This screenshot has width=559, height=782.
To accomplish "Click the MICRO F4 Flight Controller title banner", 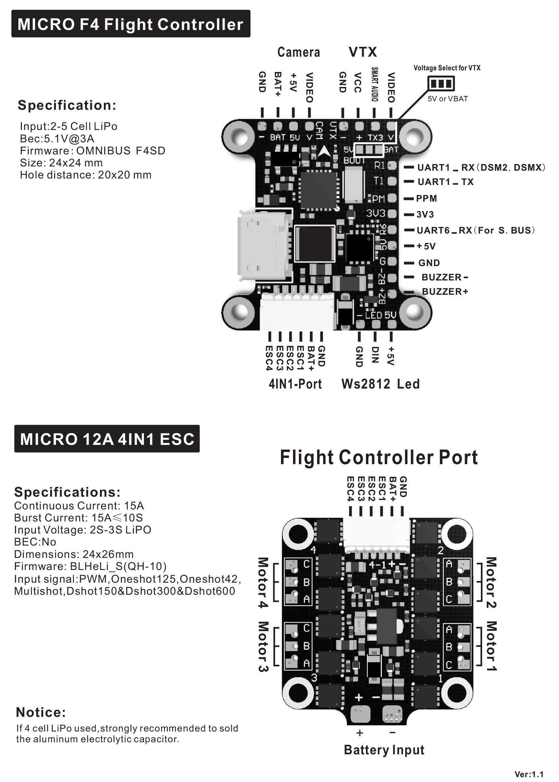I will pyautogui.click(x=131, y=24).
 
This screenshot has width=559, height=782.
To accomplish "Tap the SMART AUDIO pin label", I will pyautogui.click(x=374, y=84).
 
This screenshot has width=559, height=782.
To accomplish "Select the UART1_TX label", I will pyautogui.click(x=445, y=182).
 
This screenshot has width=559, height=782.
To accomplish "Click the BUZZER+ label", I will pyautogui.click(x=445, y=291).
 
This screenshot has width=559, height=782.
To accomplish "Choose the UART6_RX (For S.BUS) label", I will pyautogui.click(x=475, y=230).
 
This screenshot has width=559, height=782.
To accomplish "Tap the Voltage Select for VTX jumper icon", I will pyautogui.click(x=441, y=83).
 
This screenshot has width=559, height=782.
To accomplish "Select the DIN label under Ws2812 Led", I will pyautogui.click(x=375, y=355).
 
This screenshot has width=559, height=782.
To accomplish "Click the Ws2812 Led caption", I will pyautogui.click(x=380, y=384).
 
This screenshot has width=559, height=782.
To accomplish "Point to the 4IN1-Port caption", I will pyautogui.click(x=295, y=384).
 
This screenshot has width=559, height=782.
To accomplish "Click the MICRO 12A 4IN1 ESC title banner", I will pyautogui.click(x=107, y=439).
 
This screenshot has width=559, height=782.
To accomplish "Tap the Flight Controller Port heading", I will pyautogui.click(x=379, y=458).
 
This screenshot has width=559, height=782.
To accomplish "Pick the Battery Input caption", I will pyautogui.click(x=384, y=750).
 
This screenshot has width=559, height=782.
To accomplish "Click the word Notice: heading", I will pyautogui.click(x=41, y=712).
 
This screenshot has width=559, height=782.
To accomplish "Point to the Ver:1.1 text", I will pyautogui.click(x=529, y=775).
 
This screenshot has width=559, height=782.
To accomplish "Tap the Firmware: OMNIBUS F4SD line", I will pyautogui.click(x=92, y=151).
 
